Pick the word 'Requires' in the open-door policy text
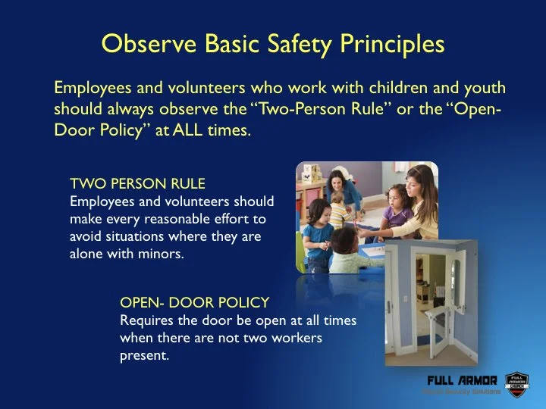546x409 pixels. point(146,320)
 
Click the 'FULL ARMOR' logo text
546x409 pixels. point(462,379)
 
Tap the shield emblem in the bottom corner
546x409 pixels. point(516,384)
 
